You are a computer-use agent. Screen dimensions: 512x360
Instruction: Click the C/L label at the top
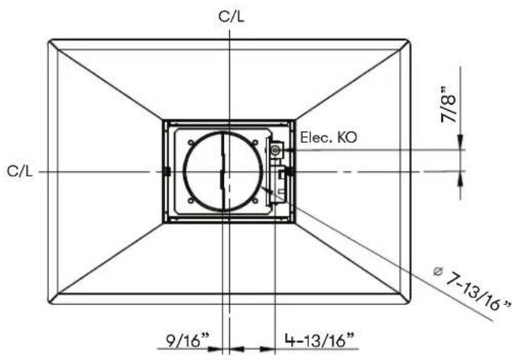click(232, 16)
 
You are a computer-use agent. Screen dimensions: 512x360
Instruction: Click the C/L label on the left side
click(20, 171)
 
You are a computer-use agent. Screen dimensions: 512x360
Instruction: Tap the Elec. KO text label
click(329, 138)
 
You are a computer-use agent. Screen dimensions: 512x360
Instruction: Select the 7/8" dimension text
click(449, 105)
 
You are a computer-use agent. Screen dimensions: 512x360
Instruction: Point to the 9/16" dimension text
click(187, 340)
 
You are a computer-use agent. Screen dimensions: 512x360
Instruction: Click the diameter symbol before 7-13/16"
click(438, 271)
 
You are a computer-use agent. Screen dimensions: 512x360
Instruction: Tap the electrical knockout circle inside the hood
click(276, 151)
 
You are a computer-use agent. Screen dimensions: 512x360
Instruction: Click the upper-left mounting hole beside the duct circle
click(191, 142)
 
